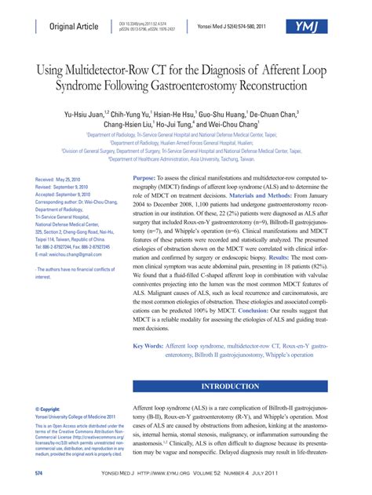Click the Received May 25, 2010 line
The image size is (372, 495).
(x=63, y=180)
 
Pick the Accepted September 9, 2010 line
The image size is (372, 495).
(x=67, y=194)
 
